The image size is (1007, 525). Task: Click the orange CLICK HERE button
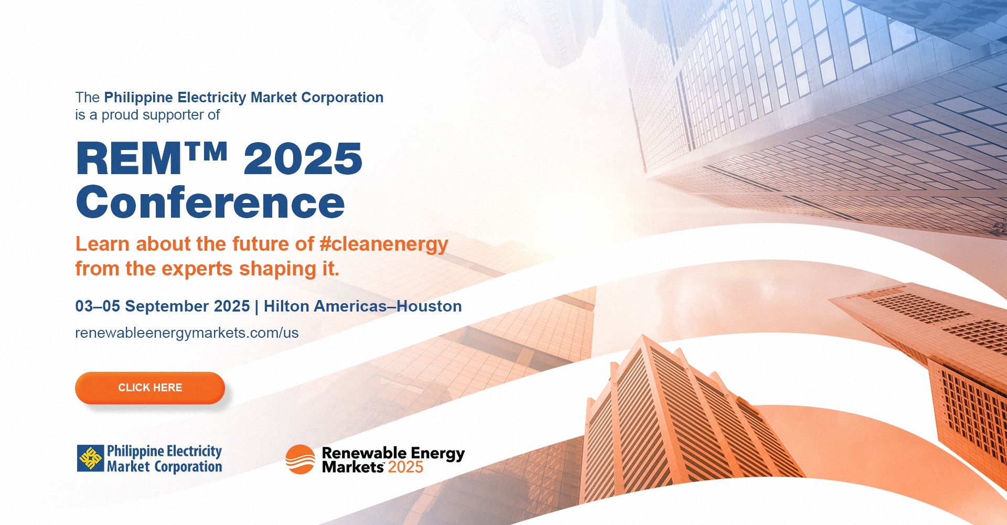(150, 388)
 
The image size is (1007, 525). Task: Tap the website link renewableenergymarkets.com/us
(187, 333)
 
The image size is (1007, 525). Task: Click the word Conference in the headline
(210, 202)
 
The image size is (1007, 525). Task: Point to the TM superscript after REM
(206, 151)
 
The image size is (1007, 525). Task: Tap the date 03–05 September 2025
(163, 306)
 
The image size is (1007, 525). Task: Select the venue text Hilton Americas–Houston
(362, 306)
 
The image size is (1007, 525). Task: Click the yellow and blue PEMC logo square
(91, 458)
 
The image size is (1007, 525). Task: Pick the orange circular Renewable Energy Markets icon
(300, 459)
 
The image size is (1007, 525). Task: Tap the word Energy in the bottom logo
(438, 454)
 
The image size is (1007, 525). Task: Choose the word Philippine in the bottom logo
(135, 452)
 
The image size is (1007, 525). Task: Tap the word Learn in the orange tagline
(102, 244)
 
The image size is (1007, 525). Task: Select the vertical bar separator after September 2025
(256, 307)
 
